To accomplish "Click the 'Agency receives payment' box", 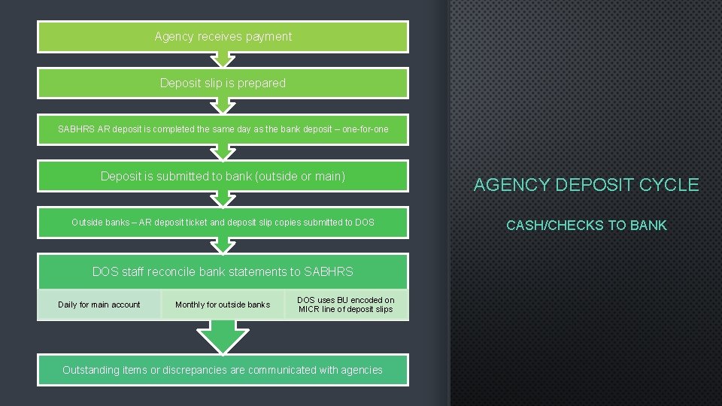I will click(223, 36).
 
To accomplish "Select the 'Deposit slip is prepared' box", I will click(223, 83).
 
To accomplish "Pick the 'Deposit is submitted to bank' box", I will click(223, 176).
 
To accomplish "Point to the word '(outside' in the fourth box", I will click(276, 176).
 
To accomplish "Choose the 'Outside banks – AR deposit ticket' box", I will click(223, 222).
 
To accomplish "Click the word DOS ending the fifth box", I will click(364, 222).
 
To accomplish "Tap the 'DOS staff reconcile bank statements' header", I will click(223, 271).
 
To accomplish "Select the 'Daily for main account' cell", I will click(99, 304).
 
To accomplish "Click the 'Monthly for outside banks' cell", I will click(223, 304).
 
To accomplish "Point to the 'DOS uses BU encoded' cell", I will click(346, 304).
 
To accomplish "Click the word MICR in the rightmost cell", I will click(309, 309).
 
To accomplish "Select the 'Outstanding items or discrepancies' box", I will click(223, 370).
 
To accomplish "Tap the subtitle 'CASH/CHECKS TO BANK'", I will click(586, 226).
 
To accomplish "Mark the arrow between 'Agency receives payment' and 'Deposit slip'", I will click(223, 59).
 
